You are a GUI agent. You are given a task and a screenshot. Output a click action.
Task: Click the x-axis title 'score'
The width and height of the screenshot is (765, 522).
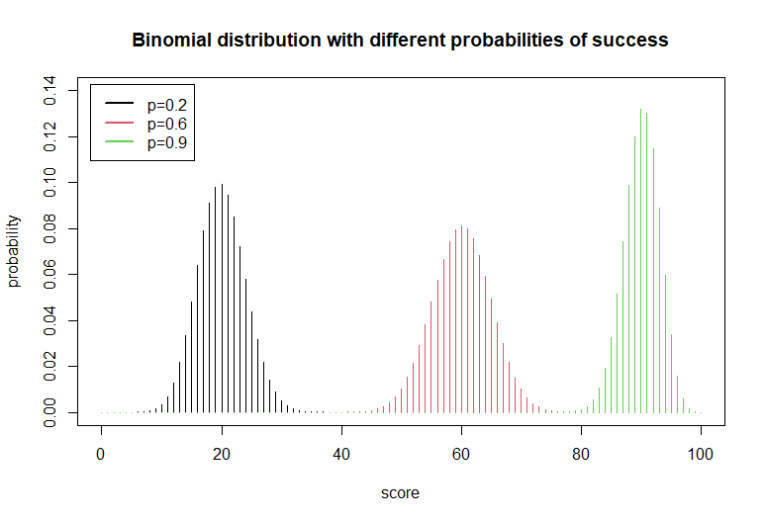[x=401, y=491]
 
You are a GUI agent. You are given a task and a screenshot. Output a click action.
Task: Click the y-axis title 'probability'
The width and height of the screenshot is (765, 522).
[x=14, y=251]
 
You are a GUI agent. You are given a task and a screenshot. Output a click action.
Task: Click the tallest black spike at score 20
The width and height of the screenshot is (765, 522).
[x=222, y=297]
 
